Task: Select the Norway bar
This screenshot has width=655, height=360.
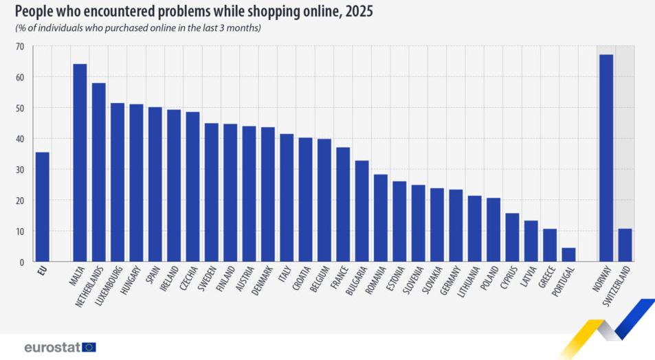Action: click(x=606, y=158)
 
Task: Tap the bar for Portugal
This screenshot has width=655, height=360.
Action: click(x=568, y=255)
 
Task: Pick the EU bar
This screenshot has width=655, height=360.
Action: click(x=42, y=207)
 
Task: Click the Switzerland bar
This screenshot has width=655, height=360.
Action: click(x=625, y=245)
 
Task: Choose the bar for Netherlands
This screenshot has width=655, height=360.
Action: click(x=98, y=172)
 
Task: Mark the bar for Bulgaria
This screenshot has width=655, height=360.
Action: click(x=362, y=211)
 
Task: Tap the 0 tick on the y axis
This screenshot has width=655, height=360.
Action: click(x=22, y=262)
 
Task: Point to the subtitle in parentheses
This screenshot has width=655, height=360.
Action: click(x=138, y=28)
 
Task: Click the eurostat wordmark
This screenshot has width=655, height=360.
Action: click(x=52, y=347)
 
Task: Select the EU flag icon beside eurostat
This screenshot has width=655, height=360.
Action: click(x=89, y=347)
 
